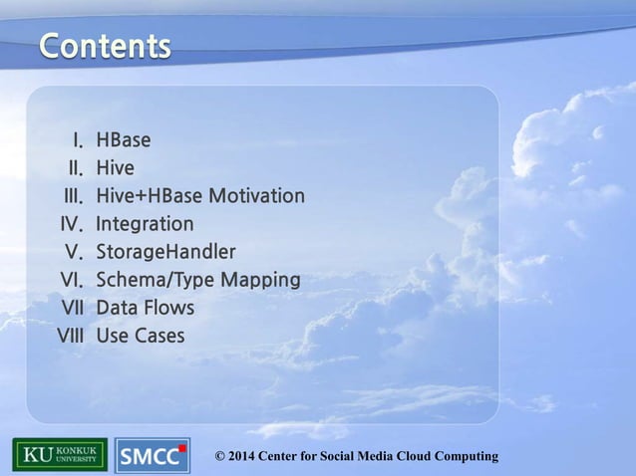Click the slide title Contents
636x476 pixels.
(105, 47)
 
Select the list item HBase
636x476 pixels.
(124, 139)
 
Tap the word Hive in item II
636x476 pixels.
(115, 167)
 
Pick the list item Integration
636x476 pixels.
(145, 223)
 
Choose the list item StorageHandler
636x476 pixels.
(165, 251)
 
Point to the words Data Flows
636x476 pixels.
(145, 308)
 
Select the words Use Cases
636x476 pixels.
(140, 336)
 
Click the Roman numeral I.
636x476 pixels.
(77, 139)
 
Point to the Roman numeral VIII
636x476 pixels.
(70, 336)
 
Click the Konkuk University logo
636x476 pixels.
(59, 455)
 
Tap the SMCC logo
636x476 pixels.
(152, 456)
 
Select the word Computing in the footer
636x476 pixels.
(463, 456)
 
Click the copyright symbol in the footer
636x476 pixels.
(221, 456)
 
